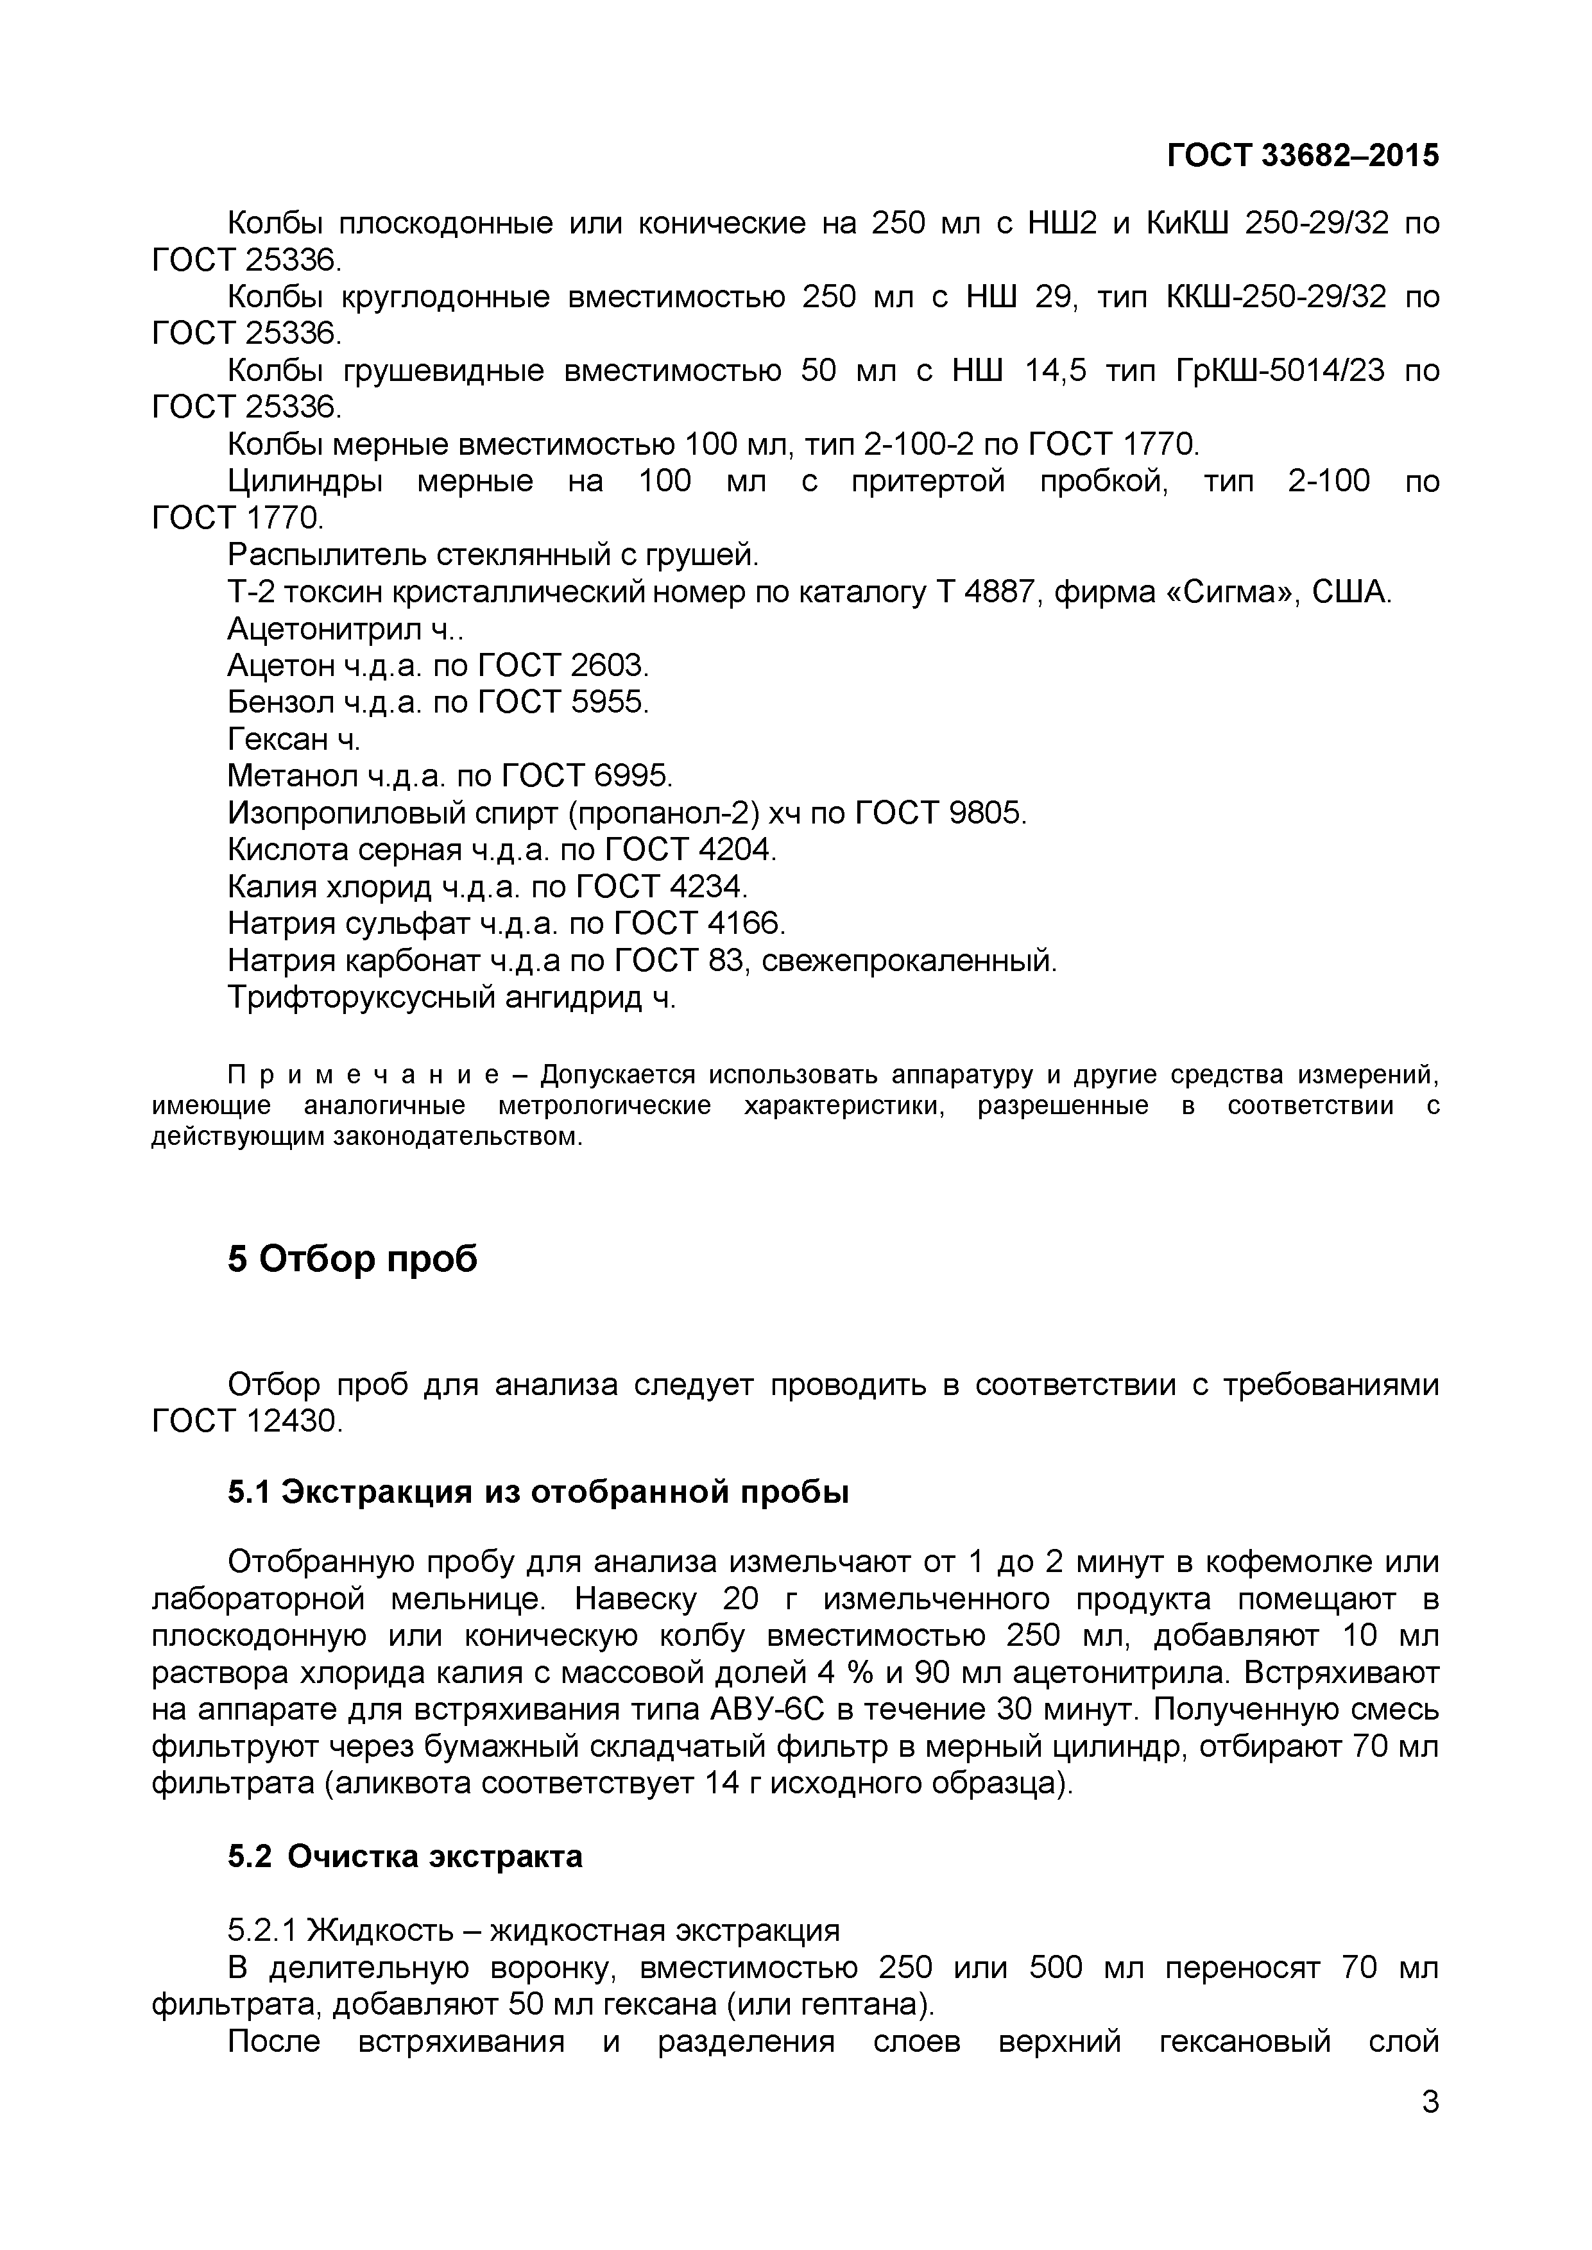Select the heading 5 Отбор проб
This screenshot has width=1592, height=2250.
(x=353, y=1259)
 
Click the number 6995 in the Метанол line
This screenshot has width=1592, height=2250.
(x=632, y=776)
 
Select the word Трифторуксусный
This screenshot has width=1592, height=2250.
(x=359, y=997)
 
